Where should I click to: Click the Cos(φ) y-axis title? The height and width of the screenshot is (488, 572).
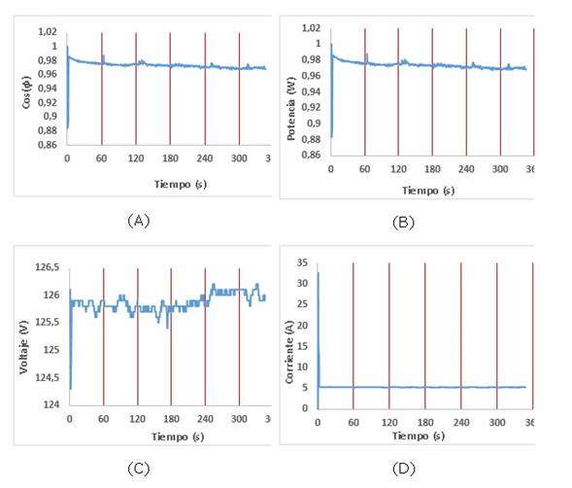(26, 92)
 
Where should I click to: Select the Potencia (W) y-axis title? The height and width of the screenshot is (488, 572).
(290, 109)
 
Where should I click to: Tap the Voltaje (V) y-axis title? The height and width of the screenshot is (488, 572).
(23, 347)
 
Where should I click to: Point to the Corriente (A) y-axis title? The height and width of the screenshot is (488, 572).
(289, 352)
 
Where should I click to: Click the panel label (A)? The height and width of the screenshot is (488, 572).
(139, 221)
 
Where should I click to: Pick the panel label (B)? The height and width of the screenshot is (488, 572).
(403, 223)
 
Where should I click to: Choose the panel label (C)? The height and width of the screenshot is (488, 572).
(139, 469)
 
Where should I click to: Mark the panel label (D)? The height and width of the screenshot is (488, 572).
(404, 469)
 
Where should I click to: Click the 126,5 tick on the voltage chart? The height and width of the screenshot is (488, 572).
(47, 267)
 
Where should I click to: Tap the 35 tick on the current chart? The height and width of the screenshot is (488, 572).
(302, 262)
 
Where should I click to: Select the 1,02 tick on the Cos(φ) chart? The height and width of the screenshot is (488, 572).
(48, 31)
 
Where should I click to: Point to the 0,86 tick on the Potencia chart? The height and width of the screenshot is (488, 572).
(311, 155)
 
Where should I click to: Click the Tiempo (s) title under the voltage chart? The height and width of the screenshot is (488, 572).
(178, 436)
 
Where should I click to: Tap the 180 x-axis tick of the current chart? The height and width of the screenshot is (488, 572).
(425, 423)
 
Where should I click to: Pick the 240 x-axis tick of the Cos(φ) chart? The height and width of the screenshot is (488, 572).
(205, 158)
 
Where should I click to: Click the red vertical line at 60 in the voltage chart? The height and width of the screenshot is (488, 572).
(104, 336)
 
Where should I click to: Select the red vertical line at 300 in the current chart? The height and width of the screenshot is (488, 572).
(497, 335)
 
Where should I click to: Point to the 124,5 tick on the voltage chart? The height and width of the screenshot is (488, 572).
(47, 377)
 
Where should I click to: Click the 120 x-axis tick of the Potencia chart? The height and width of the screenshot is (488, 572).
(398, 169)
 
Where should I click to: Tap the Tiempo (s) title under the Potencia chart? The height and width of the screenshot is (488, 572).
(428, 191)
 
